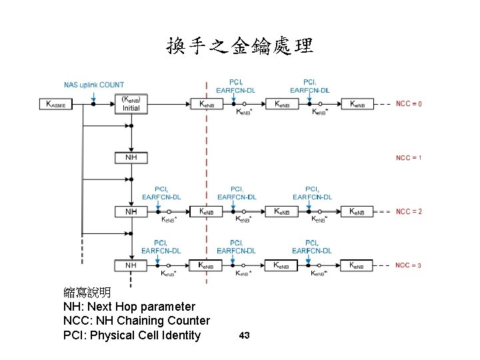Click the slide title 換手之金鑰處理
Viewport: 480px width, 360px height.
(x=239, y=46)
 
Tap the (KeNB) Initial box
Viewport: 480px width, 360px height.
(x=131, y=103)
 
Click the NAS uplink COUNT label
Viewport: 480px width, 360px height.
(x=93, y=85)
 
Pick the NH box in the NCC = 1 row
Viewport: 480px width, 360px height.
(x=131, y=158)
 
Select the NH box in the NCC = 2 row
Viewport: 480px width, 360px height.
(x=131, y=211)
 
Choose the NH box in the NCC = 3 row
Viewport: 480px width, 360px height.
(x=131, y=265)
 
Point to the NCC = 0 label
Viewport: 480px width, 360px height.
(x=408, y=104)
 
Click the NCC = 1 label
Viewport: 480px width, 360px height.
(x=408, y=158)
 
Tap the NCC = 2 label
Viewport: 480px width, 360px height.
(x=408, y=211)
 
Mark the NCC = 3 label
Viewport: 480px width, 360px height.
(x=408, y=265)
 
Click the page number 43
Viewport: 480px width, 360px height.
(x=244, y=335)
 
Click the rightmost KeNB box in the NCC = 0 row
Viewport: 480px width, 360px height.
(x=357, y=104)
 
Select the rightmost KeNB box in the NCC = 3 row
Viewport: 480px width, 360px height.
(x=357, y=265)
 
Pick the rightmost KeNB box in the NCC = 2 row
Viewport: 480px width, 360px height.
(x=357, y=211)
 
